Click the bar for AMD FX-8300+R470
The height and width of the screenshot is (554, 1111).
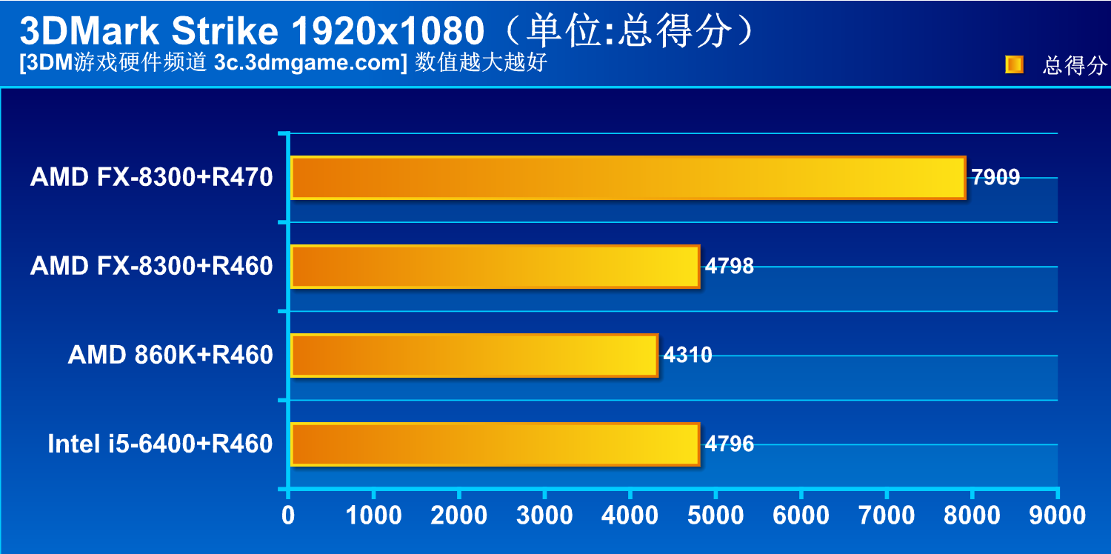click(x=628, y=178)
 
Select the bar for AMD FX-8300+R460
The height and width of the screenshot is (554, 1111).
click(x=495, y=267)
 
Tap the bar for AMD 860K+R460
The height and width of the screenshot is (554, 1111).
click(x=474, y=356)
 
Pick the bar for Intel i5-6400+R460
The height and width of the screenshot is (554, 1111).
click(x=495, y=444)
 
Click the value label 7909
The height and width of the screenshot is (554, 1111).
click(x=995, y=178)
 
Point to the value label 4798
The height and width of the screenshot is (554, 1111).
click(x=730, y=267)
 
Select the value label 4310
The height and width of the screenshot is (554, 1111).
click(x=688, y=356)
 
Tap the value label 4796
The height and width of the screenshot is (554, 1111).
click(x=730, y=444)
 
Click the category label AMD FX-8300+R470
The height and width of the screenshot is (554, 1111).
click(x=152, y=178)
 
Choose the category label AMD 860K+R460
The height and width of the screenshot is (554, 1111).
click(x=170, y=356)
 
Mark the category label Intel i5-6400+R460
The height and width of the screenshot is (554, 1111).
click(x=160, y=444)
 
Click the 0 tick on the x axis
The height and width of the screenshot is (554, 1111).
click(x=288, y=515)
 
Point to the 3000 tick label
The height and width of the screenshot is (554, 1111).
click(x=544, y=515)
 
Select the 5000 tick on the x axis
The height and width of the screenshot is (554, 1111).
click(x=715, y=515)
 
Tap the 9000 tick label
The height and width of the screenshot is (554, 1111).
click(x=1058, y=515)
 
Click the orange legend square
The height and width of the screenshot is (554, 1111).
click(x=1014, y=65)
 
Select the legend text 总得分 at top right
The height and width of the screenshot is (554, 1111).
click(x=1075, y=66)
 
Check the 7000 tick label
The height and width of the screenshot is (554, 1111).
click(x=887, y=515)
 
